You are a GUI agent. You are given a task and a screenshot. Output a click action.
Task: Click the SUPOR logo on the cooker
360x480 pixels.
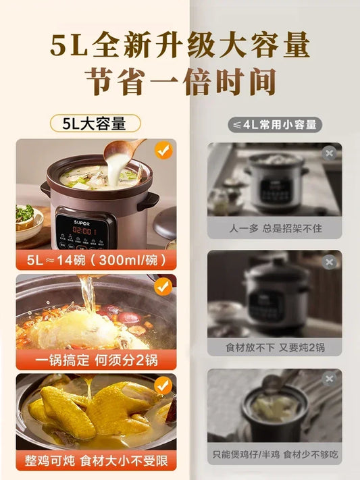point(82,223)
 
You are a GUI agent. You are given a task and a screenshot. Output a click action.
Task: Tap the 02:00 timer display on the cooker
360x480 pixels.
point(82,231)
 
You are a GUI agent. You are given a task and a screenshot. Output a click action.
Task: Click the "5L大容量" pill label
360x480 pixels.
point(95,124)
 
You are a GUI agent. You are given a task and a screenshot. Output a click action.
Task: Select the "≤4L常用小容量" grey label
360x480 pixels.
point(275,125)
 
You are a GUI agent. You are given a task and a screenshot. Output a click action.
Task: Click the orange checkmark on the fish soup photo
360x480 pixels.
point(163,151)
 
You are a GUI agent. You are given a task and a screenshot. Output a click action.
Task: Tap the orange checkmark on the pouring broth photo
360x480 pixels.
point(163,286)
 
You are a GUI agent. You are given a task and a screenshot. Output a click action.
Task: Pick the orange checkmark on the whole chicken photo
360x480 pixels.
point(163,385)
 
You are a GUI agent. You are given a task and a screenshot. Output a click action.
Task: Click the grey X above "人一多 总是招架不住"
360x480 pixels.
point(330,153)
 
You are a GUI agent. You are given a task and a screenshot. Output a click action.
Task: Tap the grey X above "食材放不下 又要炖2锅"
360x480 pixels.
point(330,262)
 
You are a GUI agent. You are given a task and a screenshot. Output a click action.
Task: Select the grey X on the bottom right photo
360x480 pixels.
point(330,379)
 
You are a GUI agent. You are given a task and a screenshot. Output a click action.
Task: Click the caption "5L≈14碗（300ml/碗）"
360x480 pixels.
point(96,260)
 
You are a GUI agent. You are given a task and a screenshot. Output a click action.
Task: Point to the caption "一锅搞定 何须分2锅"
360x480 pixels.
point(96,360)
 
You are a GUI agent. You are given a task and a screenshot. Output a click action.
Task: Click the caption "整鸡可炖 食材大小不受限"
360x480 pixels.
point(96,460)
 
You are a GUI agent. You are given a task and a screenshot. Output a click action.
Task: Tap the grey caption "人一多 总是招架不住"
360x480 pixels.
point(275,228)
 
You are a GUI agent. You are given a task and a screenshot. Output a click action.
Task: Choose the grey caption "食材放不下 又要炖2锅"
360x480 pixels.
point(275,347)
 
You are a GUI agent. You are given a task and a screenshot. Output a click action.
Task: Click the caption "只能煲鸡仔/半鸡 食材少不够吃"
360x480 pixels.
point(275,454)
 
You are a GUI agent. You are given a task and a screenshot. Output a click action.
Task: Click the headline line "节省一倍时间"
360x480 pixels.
point(181,82)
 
